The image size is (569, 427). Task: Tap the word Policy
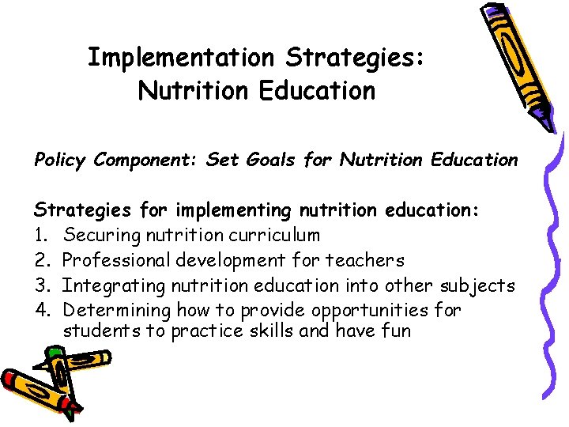pos(60,160)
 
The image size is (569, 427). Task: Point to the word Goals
pos(268,160)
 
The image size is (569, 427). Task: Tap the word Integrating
pos(112,285)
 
